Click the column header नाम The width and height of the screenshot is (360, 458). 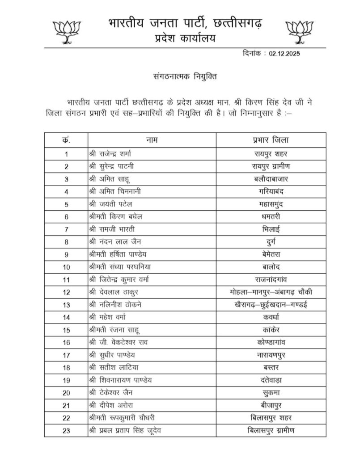(152, 140)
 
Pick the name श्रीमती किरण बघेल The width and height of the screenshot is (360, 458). (115, 217)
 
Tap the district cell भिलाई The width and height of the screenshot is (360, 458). (271, 229)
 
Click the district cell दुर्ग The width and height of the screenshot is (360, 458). (271, 242)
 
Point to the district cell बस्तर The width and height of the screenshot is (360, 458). (271, 369)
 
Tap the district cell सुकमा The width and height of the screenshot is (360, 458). (271, 394)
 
